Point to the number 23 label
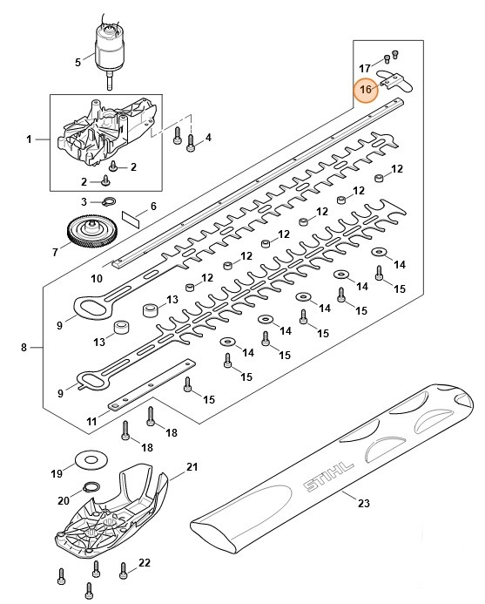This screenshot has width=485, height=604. tap(363, 503)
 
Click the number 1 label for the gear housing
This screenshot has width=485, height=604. tap(30, 139)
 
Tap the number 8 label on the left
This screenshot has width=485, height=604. tap(25, 348)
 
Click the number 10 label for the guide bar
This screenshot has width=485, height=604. tap(97, 278)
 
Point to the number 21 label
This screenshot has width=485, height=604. tap(192, 469)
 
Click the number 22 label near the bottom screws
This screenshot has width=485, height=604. tap(145, 562)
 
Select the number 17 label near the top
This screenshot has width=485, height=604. tap(366, 68)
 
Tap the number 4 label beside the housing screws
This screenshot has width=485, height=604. tap(207, 137)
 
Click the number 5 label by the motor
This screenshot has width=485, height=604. tap(77, 62)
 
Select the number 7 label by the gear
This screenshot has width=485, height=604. tap(55, 253)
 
